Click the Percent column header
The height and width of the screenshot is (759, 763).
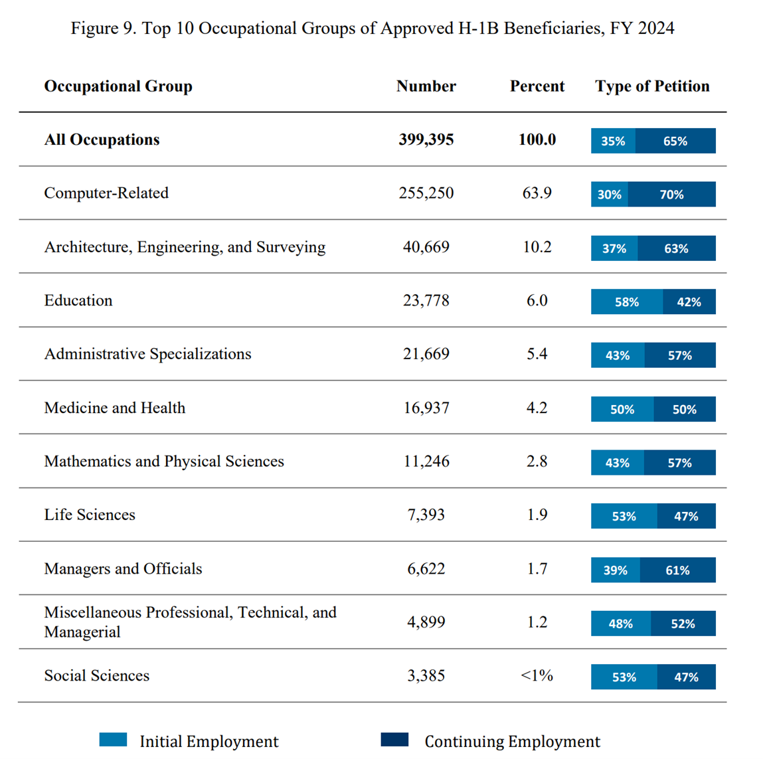click(537, 86)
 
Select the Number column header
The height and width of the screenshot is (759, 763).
click(426, 86)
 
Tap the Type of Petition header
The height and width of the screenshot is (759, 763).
click(652, 86)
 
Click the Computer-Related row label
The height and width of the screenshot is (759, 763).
click(106, 193)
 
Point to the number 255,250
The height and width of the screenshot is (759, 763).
click(426, 193)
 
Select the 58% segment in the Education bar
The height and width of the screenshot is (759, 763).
click(626, 302)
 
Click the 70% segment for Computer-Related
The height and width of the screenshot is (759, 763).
click(671, 195)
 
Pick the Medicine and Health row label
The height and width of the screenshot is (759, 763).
click(114, 408)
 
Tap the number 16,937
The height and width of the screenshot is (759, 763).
click(426, 408)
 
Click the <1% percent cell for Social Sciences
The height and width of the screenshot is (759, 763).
click(537, 675)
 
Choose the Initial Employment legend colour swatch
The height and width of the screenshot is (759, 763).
click(113, 740)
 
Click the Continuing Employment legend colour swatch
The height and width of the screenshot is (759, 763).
click(394, 740)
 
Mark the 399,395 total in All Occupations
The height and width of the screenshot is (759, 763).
click(426, 140)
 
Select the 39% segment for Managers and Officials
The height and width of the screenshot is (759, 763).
click(615, 570)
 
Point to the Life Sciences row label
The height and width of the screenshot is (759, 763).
click(90, 515)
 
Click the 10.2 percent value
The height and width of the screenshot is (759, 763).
click(537, 247)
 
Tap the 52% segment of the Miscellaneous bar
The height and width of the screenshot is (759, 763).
click(683, 624)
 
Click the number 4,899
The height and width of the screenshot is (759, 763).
click(426, 622)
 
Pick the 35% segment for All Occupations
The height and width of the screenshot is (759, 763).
click(613, 141)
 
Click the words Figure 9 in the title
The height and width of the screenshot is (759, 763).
click(103, 29)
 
